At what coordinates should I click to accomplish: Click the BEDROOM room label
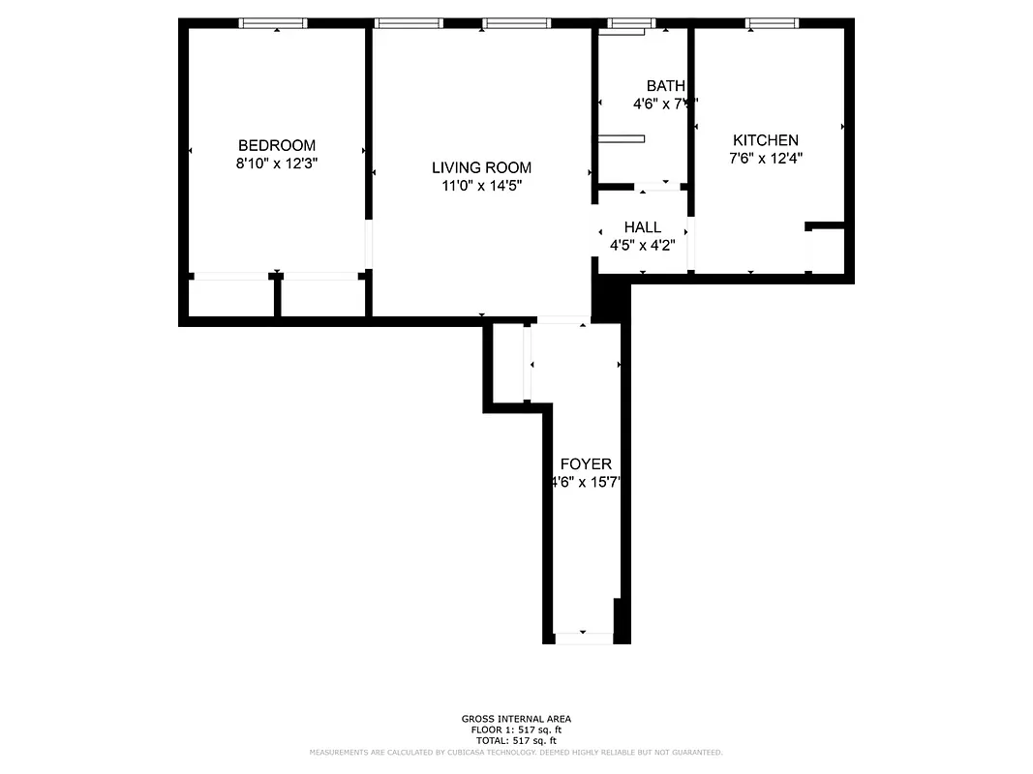pos(277,145)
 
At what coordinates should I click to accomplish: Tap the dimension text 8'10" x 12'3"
pos(277,164)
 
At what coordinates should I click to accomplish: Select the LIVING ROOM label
pos(481,167)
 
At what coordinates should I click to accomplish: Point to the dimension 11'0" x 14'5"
pos(481,187)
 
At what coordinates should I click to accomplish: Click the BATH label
pos(665,85)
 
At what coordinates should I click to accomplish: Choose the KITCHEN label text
pos(765,140)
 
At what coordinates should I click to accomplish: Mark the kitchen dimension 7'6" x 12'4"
pos(765,160)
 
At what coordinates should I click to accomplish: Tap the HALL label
pos(642,227)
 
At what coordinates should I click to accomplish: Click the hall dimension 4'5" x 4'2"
pos(642,246)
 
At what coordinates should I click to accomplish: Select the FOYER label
pos(585,464)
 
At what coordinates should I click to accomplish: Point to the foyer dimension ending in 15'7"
pos(585,483)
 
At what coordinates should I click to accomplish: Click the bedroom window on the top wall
pos(274,23)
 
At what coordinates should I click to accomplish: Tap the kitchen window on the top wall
pos(773,23)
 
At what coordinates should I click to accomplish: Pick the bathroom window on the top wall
pos(631,23)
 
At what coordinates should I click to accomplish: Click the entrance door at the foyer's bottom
pos(584,638)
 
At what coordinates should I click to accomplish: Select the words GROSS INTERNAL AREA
pos(516,719)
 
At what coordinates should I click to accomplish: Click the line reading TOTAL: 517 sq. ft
pos(516,740)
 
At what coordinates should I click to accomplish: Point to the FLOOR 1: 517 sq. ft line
pos(516,729)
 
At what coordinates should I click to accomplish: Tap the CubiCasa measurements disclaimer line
pos(516,752)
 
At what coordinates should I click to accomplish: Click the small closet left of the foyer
pos(508,363)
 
